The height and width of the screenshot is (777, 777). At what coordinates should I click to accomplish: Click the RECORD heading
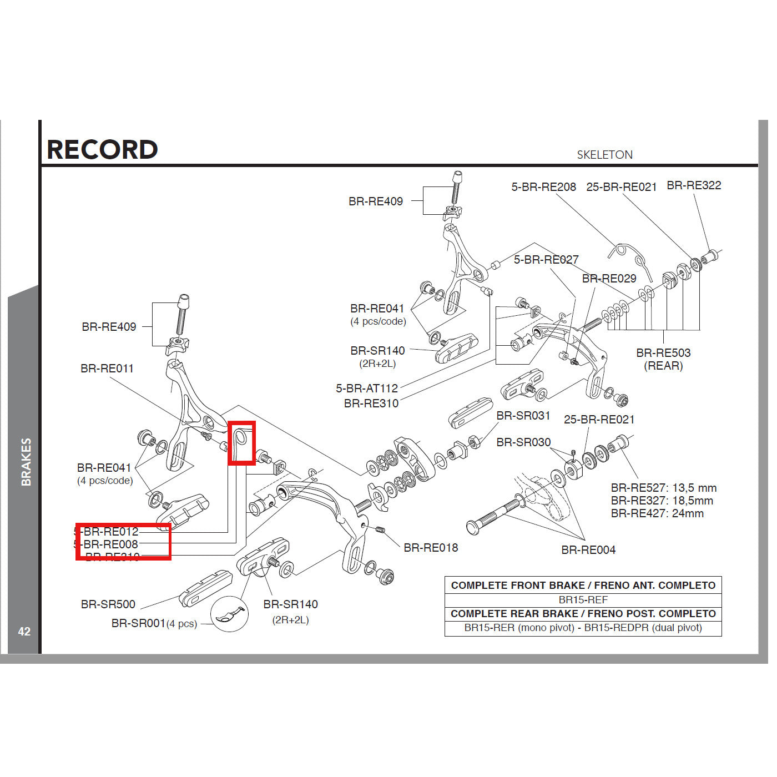coord(102,149)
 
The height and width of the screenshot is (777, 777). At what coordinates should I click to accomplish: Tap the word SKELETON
coord(604,155)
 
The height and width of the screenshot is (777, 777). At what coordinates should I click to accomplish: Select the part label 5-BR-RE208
coord(543,187)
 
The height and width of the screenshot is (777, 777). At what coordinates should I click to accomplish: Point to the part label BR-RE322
coord(694,185)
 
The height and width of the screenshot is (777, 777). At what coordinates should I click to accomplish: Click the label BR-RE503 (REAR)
coord(663,359)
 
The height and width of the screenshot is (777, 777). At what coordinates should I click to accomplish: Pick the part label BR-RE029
coord(609,279)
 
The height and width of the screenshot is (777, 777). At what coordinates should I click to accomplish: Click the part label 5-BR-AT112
coord(367,389)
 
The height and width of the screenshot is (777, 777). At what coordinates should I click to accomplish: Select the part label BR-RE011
coord(107,369)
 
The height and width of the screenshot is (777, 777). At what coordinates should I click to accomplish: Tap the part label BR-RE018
coord(431,548)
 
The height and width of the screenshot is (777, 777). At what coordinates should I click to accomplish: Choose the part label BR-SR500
coord(108,604)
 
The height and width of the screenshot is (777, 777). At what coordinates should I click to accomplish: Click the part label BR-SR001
coord(139,623)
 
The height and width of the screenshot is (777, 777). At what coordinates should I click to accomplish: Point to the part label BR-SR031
coord(523,416)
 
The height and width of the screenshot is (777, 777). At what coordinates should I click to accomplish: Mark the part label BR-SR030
coord(523,442)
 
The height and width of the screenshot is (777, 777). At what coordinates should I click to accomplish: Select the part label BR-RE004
coord(588,550)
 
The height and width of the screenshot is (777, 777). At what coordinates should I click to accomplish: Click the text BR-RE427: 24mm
coord(657,513)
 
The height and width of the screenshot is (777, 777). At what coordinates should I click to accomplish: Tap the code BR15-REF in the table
coord(583,600)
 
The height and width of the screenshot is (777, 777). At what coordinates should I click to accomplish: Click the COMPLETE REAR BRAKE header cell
coord(583,614)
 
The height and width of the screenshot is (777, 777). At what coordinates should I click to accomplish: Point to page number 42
coord(24,632)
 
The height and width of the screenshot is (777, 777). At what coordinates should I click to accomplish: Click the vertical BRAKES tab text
coord(26,462)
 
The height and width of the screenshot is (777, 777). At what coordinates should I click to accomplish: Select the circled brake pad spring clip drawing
coord(228,615)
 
